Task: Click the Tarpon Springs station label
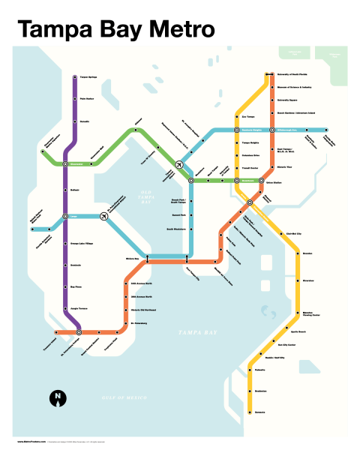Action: coord(89,77)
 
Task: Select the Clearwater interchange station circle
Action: coord(65,163)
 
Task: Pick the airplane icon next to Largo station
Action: coord(103,217)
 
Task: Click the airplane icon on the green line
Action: coord(179,163)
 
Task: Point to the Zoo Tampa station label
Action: coord(249,117)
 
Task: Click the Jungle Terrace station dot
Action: coord(66,307)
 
